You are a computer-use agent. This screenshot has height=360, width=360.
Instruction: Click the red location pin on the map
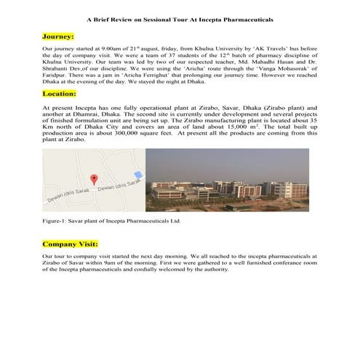(93, 178)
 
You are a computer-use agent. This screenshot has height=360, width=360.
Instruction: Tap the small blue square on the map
(138, 175)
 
